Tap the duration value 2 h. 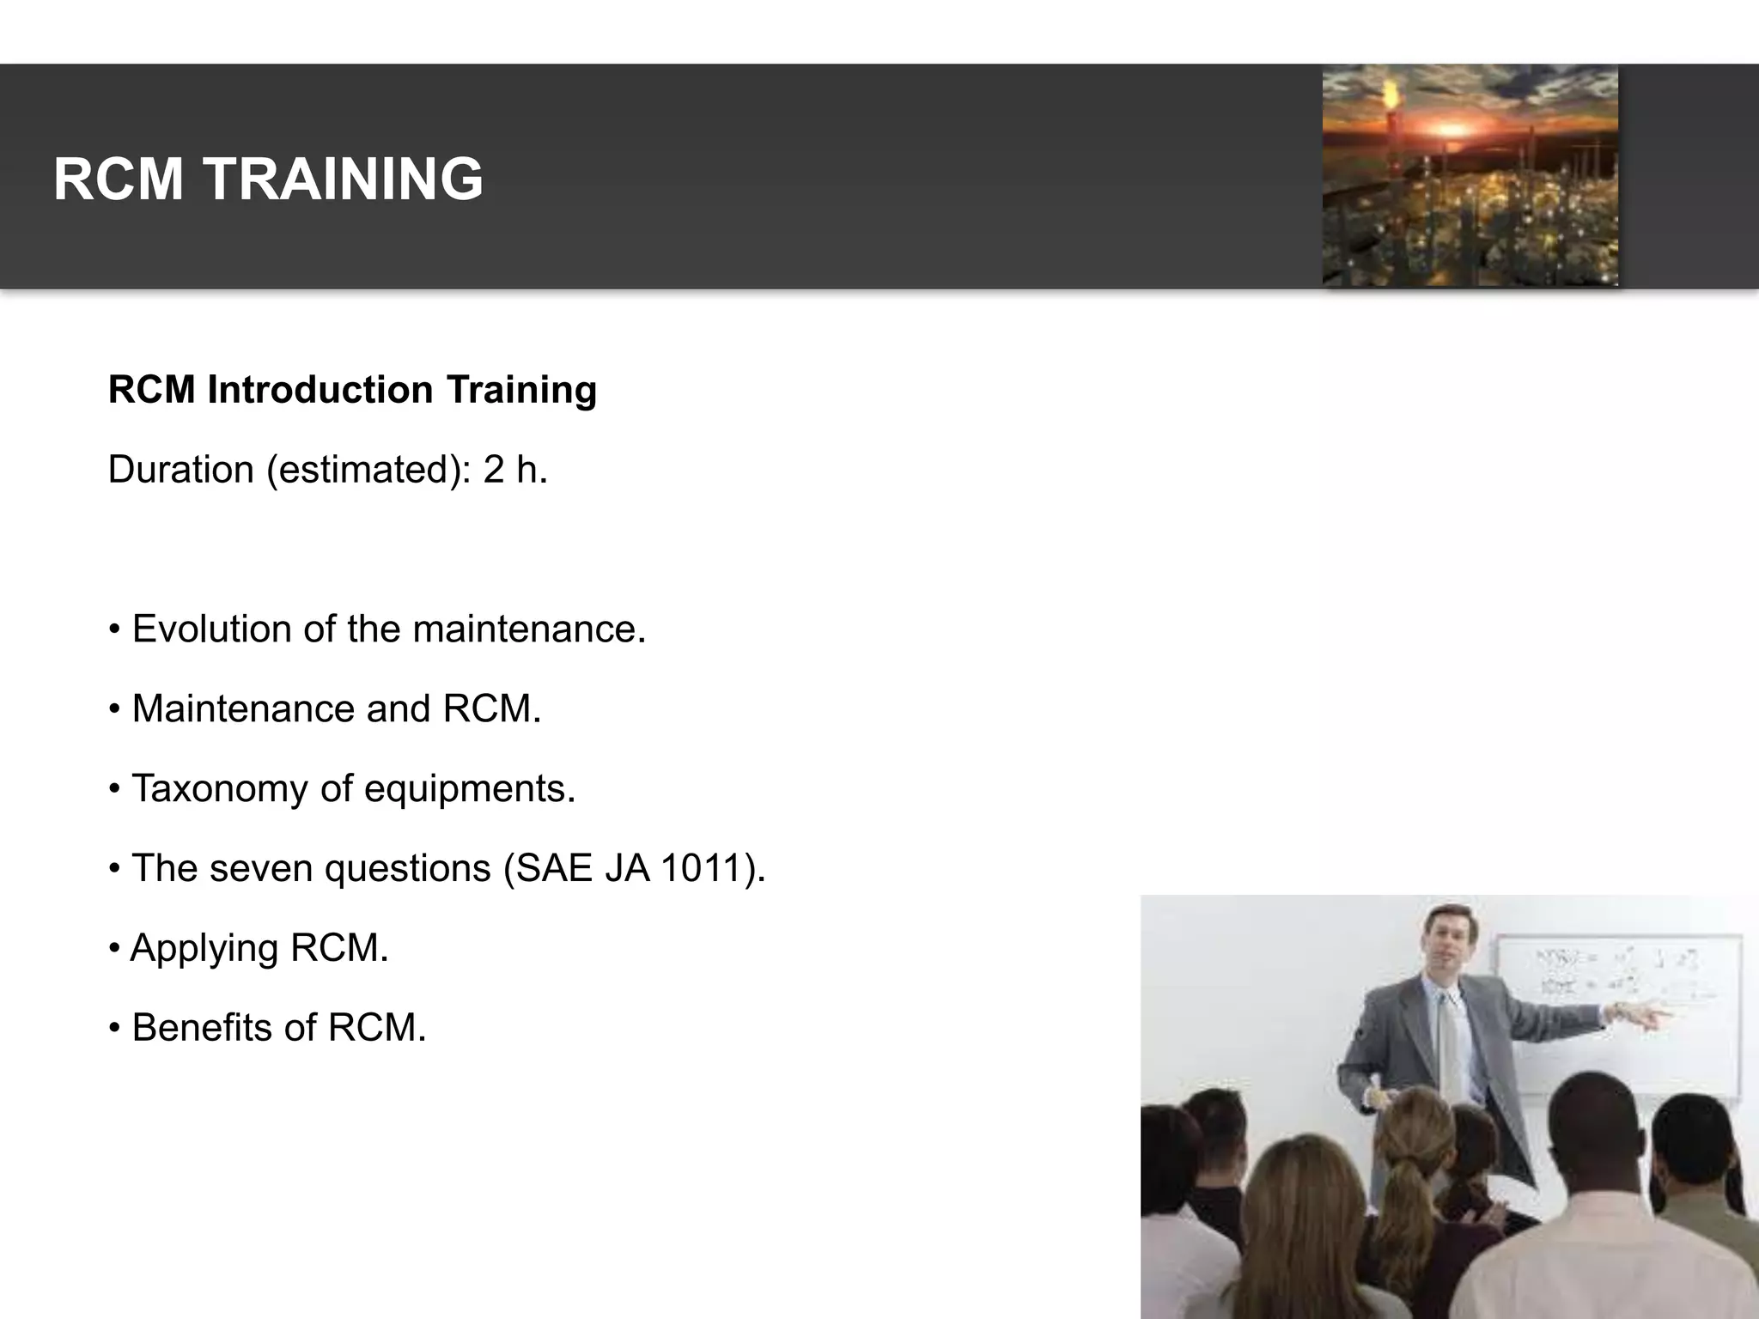[x=514, y=470]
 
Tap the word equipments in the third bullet [x=469, y=788]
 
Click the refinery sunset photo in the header [x=1470, y=175]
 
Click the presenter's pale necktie [x=1450, y=1043]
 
